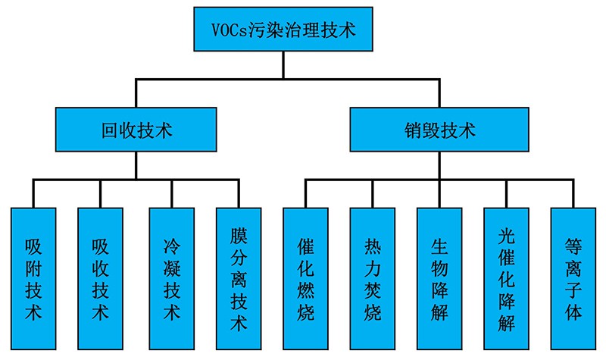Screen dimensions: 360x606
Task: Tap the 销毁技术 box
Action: [439, 130]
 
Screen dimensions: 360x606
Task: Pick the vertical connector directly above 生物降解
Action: [439, 193]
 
